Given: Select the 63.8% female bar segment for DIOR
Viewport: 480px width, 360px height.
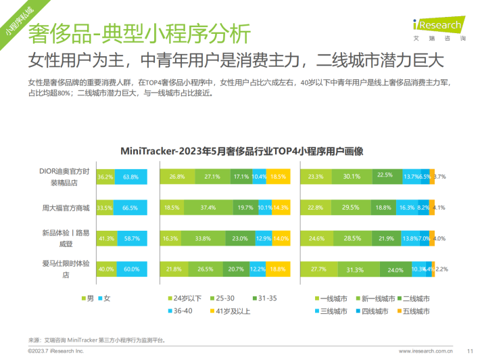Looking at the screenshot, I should [x=130, y=177].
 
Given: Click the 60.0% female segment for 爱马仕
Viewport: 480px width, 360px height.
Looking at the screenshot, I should [x=131, y=270].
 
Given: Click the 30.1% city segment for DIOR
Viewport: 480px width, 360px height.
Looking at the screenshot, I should [x=350, y=177].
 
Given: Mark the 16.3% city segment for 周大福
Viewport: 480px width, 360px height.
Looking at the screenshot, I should [x=407, y=208].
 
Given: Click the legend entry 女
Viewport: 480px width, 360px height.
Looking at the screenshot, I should [x=105, y=298].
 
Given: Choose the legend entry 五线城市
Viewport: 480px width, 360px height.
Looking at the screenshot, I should [x=412, y=311].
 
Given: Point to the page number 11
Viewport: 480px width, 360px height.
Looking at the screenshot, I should [x=469, y=351].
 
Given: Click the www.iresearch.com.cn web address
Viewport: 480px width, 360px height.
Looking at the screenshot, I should [x=425, y=351].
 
